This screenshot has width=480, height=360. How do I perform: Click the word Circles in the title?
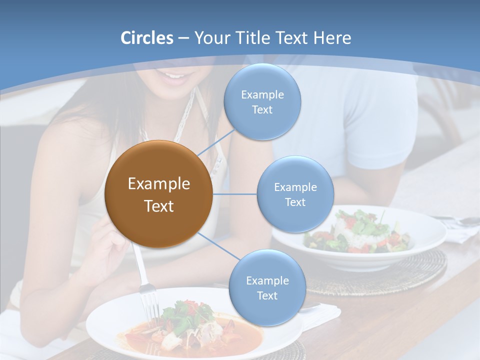pos(146,38)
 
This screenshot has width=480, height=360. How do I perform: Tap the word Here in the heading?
pos(332,38)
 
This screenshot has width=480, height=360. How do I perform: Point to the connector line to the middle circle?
pos(235,194)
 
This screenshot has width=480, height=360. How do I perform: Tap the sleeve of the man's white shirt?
pos(385,145)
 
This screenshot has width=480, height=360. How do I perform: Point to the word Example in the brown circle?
pos(158,184)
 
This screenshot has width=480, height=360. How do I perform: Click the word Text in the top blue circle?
pos(262,110)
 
